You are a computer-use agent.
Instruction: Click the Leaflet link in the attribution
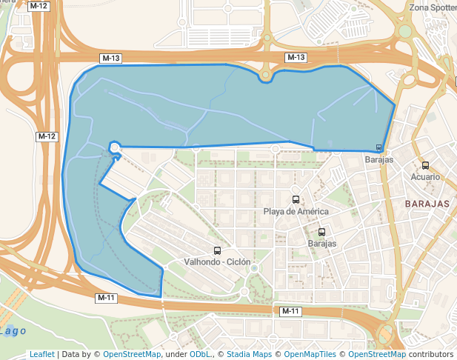[x=41, y=354]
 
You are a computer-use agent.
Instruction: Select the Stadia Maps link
[x=249, y=354]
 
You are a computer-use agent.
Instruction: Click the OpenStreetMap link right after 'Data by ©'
[x=131, y=354]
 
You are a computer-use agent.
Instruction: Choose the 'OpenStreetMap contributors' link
[x=400, y=354]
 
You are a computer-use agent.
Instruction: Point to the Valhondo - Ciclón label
[x=217, y=262]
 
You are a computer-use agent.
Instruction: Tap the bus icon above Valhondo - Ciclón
[x=217, y=251]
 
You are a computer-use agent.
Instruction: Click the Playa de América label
[x=296, y=211]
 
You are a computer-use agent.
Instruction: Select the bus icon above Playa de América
[x=296, y=199]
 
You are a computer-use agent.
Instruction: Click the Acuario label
[x=425, y=177]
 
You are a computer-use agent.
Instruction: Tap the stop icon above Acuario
[x=425, y=166]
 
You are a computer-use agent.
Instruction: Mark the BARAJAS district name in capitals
[x=427, y=203]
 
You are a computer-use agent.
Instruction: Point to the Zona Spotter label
[x=433, y=8]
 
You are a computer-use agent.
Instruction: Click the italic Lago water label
[x=15, y=330]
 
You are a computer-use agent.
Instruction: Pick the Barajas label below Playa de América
[x=321, y=243]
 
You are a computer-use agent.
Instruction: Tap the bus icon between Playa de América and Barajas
[x=321, y=232]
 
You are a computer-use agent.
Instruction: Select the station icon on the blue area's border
[x=379, y=147]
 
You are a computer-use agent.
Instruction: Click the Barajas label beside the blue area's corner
[x=378, y=159]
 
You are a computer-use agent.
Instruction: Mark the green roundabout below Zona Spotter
[x=405, y=31]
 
